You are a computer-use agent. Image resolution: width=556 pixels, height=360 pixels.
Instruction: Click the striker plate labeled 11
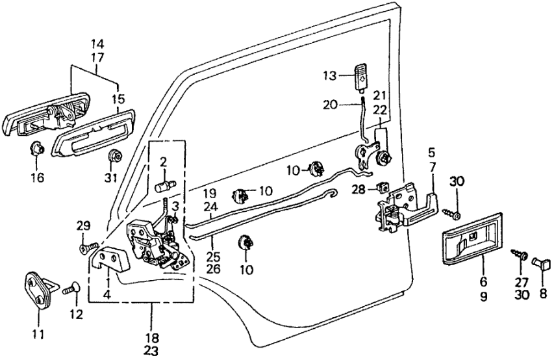click(x=39, y=291)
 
